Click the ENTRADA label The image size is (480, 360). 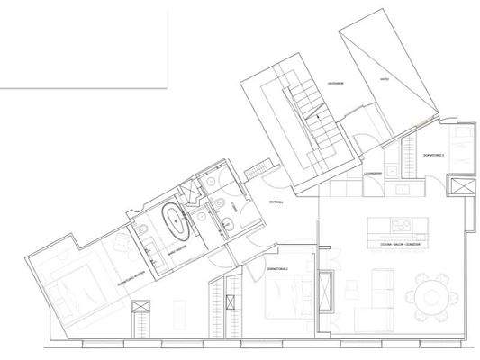pos(276,203)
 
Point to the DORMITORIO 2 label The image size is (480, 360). pos(277,269)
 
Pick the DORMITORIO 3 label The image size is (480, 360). pos(435,156)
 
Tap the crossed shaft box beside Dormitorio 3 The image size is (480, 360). pos(463,189)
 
